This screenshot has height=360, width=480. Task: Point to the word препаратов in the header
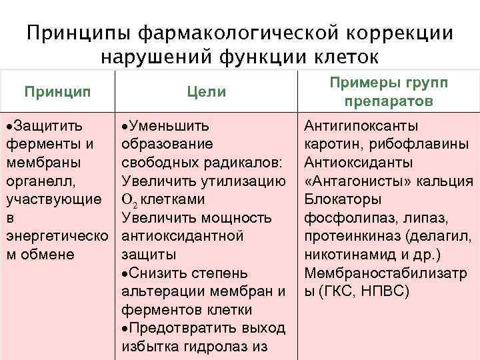click(389, 102)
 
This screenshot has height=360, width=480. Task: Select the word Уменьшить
click(169, 126)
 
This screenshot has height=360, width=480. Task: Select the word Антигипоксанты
click(361, 126)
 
